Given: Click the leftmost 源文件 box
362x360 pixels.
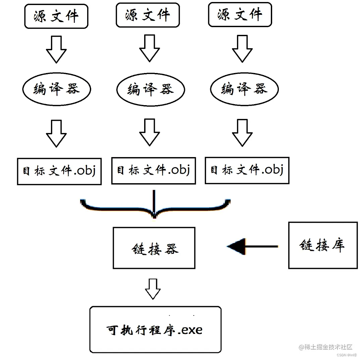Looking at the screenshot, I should point(56,16).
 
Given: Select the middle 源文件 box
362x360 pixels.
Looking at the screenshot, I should point(147,15).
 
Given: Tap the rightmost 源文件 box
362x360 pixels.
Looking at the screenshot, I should point(240,15).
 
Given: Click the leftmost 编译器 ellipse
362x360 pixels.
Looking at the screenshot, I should point(57,89).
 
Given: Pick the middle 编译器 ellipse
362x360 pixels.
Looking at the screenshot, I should point(150,89).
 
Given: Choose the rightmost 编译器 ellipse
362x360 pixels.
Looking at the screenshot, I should point(244,89).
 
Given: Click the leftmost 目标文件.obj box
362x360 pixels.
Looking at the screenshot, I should point(59,171).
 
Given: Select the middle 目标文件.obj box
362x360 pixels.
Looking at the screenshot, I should point(153,170).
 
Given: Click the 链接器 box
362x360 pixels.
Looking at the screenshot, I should point(154,248).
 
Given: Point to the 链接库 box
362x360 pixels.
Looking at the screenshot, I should point(323,245).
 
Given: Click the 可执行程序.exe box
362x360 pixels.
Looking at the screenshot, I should point(156,330).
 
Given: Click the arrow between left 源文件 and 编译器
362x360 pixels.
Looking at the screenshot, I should point(56,50).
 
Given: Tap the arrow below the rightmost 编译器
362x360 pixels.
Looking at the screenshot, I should point(242,133).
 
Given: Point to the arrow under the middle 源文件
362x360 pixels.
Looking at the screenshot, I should point(149,49).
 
